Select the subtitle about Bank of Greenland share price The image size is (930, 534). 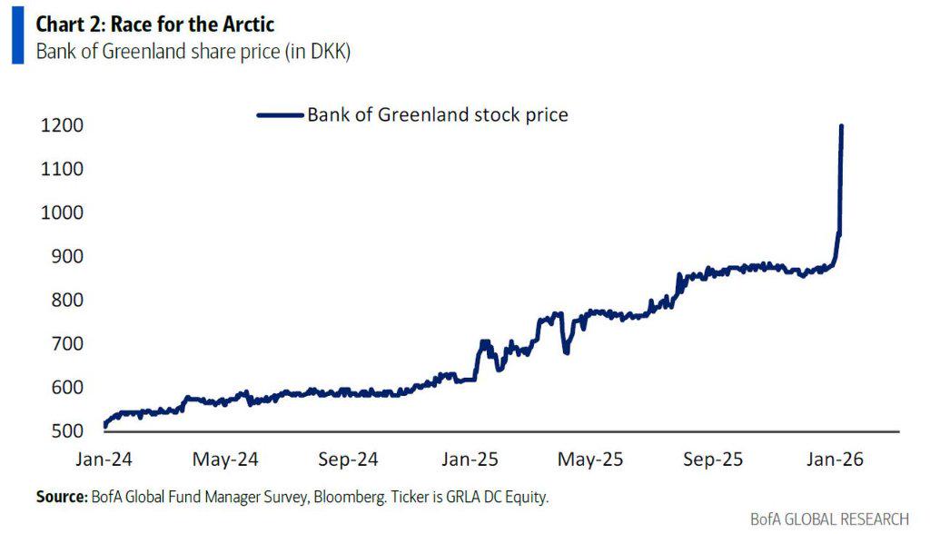click(x=193, y=51)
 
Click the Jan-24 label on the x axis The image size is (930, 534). click(x=104, y=459)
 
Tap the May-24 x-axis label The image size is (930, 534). click(x=225, y=459)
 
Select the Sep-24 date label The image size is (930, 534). click(x=348, y=459)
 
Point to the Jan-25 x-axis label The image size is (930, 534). click(x=469, y=459)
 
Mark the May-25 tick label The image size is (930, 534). click(x=591, y=459)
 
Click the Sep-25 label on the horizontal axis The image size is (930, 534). click(x=714, y=459)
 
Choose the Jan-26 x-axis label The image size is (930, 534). click(x=835, y=459)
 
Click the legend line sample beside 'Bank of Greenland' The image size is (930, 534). click(x=280, y=115)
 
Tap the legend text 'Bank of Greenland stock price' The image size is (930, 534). click(x=437, y=115)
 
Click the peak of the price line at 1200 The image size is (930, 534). click(x=841, y=126)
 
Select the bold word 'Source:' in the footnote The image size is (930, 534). click(x=61, y=497)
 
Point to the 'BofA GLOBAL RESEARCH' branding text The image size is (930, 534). click(x=829, y=519)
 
